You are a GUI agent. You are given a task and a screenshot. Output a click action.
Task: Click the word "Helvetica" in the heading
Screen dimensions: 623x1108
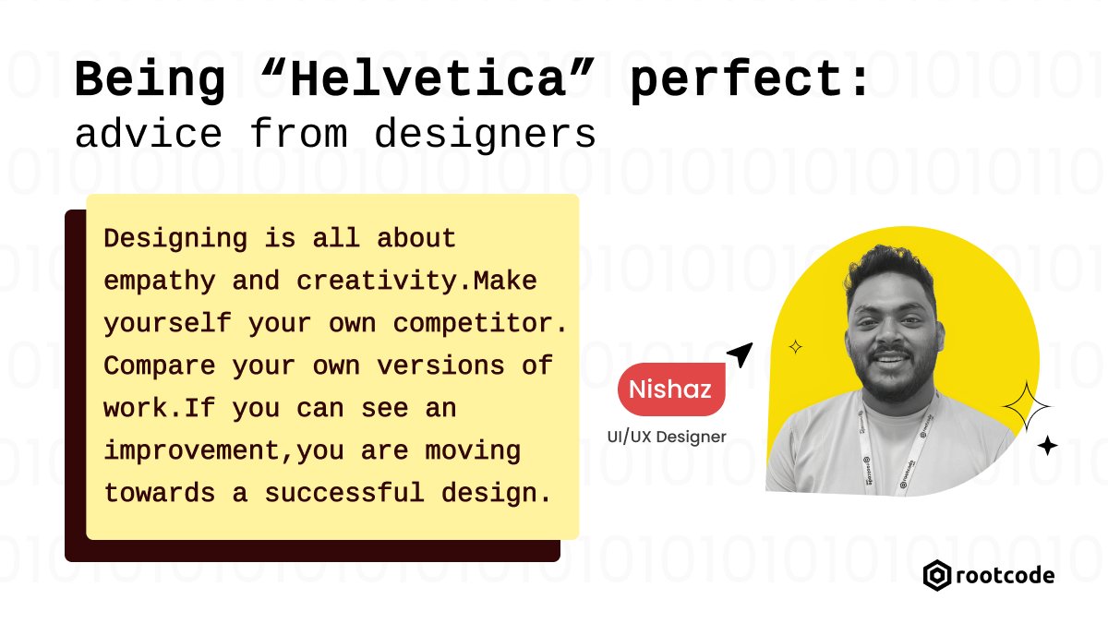(427, 81)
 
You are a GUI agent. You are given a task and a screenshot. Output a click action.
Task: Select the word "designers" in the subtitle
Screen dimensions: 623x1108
(485, 136)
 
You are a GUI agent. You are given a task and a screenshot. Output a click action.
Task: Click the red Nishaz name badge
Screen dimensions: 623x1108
(671, 390)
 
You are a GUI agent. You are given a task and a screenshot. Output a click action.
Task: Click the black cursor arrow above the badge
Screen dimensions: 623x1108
(741, 354)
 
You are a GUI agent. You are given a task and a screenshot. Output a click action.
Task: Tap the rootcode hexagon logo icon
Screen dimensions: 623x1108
(937, 576)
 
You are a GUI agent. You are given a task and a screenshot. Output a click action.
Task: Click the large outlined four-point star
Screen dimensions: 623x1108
(1027, 407)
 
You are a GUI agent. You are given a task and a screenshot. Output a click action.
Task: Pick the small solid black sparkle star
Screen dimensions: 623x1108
(1047, 446)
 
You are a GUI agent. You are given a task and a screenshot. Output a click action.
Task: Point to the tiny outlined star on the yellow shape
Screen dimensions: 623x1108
(795, 347)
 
